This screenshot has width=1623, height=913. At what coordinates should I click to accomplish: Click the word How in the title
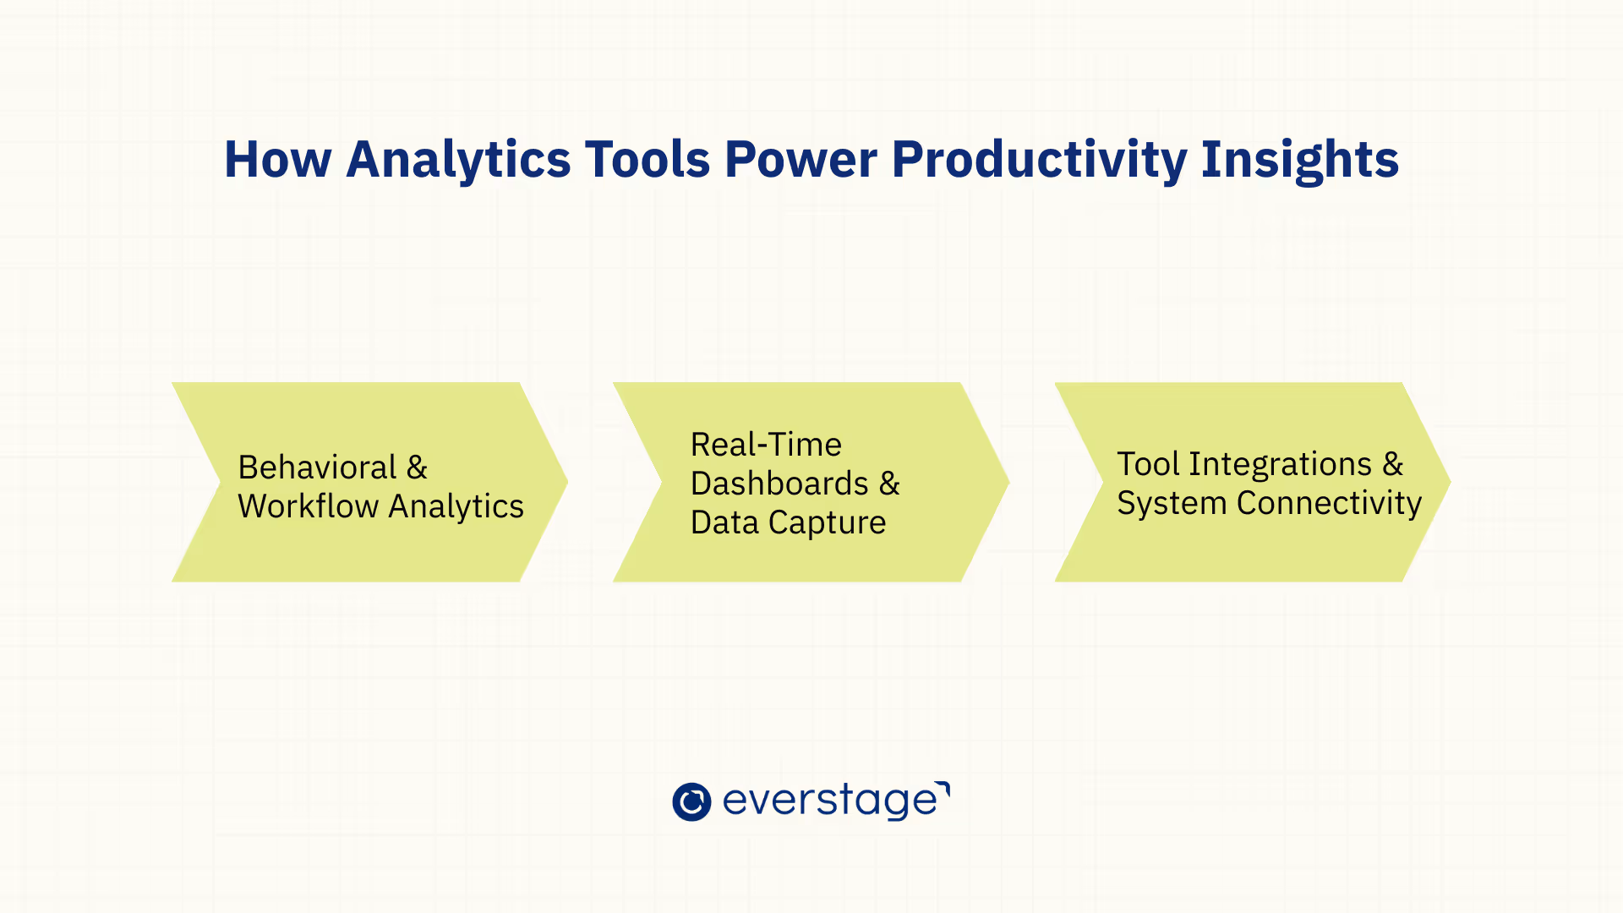point(277,159)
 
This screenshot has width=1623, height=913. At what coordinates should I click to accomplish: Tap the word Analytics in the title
point(458,161)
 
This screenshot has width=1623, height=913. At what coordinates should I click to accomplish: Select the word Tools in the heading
point(648,159)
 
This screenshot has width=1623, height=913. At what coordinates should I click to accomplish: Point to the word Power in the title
point(801,159)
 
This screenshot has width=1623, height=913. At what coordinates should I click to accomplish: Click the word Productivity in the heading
point(1039,161)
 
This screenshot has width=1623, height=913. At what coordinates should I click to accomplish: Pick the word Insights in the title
point(1300,161)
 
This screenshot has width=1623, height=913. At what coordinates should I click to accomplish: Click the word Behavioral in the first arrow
point(317,467)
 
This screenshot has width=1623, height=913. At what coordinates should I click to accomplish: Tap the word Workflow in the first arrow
point(308,506)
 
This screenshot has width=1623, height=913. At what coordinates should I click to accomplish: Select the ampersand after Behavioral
point(417,467)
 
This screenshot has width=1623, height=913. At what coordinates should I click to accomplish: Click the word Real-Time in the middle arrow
point(766,444)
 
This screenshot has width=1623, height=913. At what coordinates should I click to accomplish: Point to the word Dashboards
point(779,483)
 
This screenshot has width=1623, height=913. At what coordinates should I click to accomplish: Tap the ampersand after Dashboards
point(889,483)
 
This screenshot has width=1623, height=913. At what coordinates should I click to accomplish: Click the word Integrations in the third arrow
point(1281,464)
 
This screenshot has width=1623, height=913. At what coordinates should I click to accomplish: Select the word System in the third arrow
point(1172,504)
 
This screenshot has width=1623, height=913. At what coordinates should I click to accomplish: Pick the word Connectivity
point(1329,504)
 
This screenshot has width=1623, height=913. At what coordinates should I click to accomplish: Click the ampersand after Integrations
point(1393,463)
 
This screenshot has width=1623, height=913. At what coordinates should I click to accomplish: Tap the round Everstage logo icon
point(691,801)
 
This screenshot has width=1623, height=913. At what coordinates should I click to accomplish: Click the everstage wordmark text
point(836,801)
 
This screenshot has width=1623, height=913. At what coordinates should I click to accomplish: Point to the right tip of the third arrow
point(1451,482)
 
